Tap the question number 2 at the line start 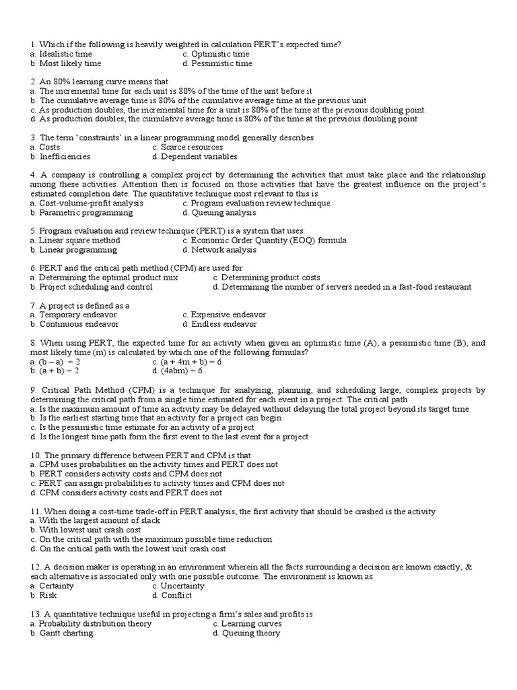coord(34,82)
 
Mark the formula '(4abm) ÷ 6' coord(181,371)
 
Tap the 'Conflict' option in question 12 coord(176,595)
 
